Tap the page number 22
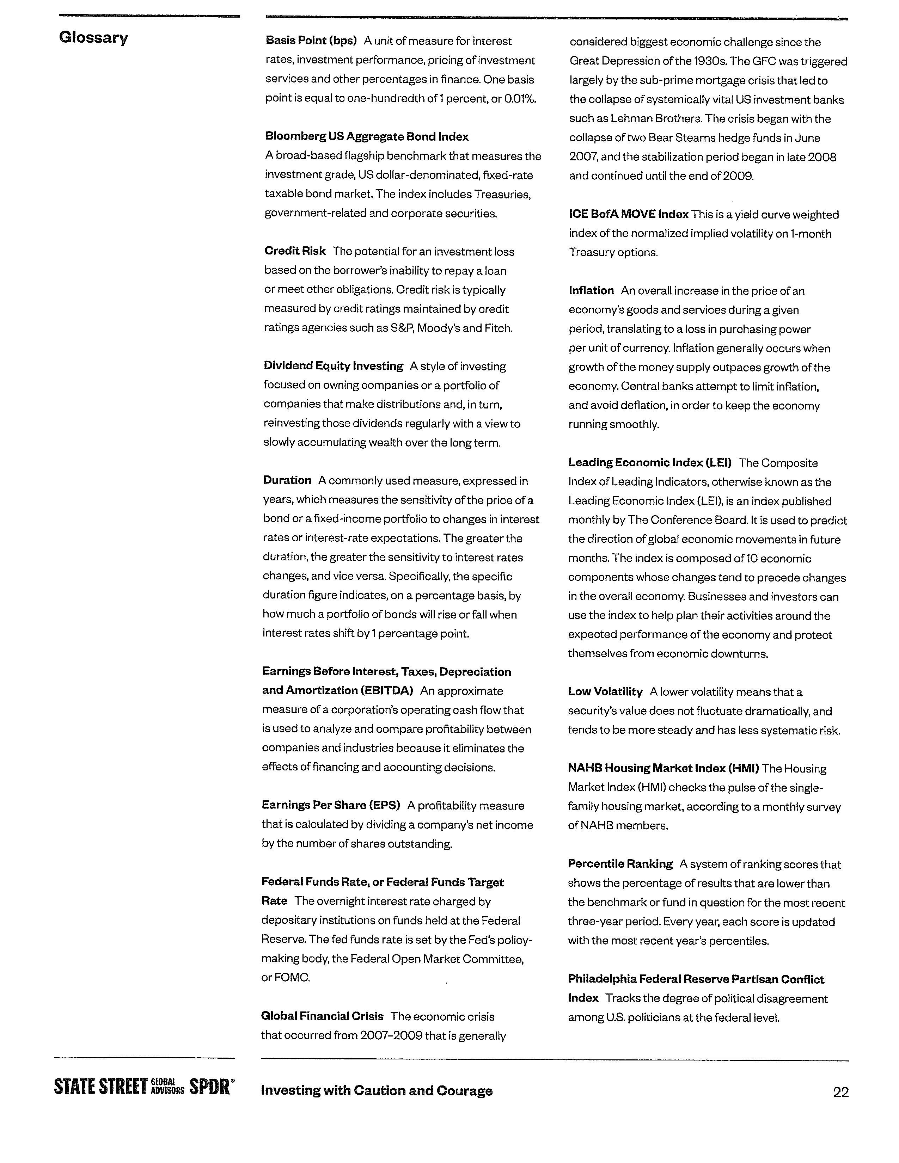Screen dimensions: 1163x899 click(x=840, y=1092)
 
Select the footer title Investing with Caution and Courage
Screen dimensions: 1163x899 click(x=377, y=1091)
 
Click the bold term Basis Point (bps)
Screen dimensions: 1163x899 click(x=311, y=41)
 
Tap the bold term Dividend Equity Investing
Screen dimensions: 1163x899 click(x=334, y=366)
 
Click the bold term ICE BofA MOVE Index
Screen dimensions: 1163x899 click(x=629, y=215)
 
